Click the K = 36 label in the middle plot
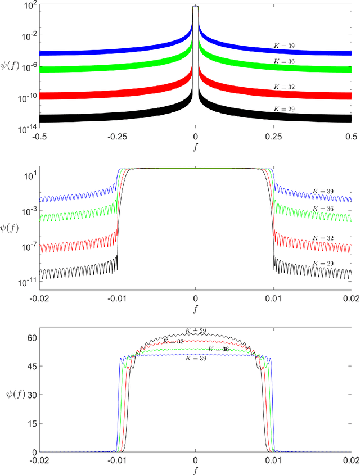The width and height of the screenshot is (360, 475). pyautogui.click(x=322, y=209)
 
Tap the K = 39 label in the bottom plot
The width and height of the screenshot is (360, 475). pyautogui.click(x=195, y=359)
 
